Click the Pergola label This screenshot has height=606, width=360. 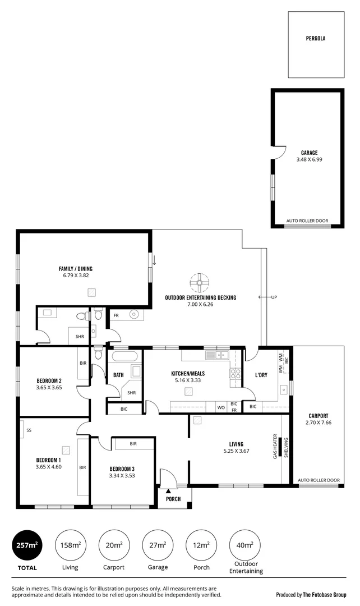click(x=316, y=39)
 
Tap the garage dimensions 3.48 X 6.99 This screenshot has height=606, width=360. click(x=309, y=159)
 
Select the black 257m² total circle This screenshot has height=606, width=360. click(x=27, y=545)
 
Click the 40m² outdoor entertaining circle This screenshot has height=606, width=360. click(x=245, y=545)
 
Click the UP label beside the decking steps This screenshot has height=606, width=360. click(x=274, y=297)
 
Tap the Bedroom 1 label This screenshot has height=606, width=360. click(x=48, y=460)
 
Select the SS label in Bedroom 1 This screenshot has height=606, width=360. click(x=28, y=430)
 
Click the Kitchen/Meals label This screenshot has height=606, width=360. click(x=188, y=373)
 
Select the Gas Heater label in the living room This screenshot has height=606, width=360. click(x=275, y=446)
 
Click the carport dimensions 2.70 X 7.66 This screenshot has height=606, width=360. click(x=318, y=423)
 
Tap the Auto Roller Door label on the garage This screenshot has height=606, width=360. click(x=307, y=221)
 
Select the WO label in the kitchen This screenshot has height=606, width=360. click(x=221, y=407)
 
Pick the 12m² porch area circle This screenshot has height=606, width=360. click(x=201, y=545)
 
